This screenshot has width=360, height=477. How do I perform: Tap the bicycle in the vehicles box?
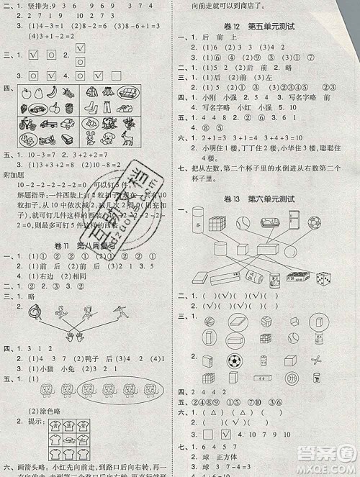[27, 123]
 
